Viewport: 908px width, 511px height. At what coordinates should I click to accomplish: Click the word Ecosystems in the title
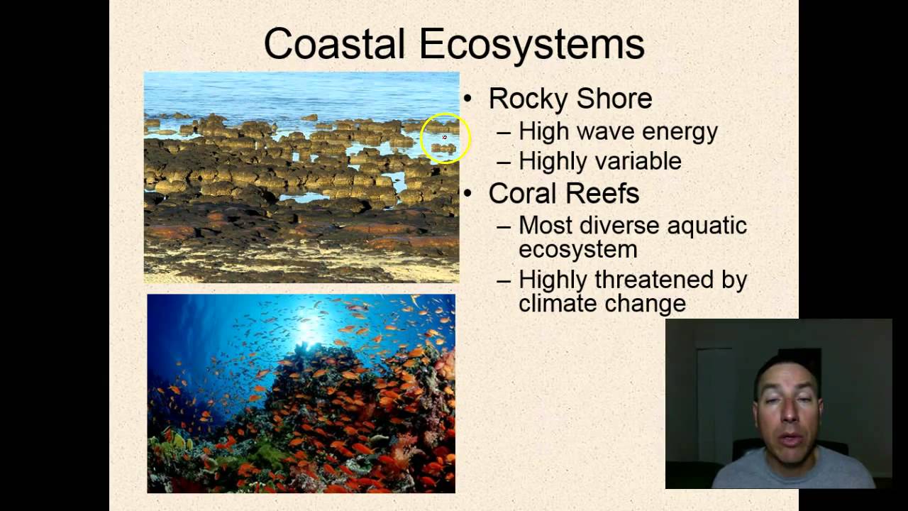click(x=531, y=44)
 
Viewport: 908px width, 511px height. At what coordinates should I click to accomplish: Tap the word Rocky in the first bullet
click(x=524, y=99)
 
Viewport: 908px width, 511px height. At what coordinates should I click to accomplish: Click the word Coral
click(x=524, y=193)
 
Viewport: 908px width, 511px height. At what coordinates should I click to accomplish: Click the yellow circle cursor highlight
click(x=445, y=138)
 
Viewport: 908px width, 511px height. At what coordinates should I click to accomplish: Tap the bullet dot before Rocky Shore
click(x=467, y=99)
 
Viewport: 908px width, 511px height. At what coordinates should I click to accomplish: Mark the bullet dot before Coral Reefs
click(x=467, y=193)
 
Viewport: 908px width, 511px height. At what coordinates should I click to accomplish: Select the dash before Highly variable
click(x=504, y=162)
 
